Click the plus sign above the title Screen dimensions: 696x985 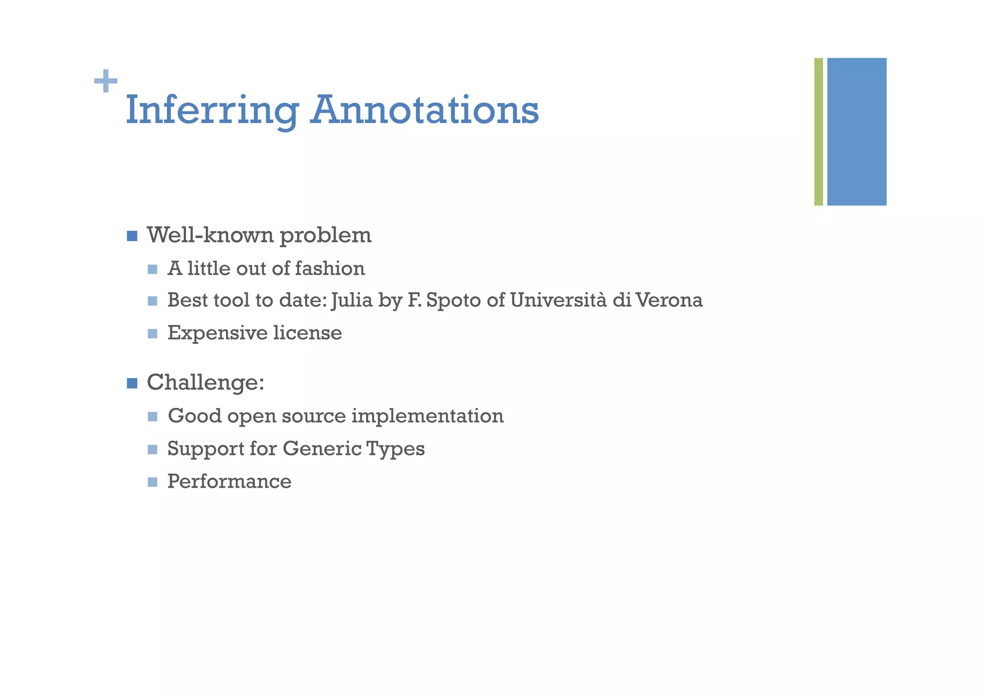click(x=106, y=81)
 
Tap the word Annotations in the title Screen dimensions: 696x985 click(x=424, y=110)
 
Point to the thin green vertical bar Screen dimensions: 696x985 click(x=818, y=131)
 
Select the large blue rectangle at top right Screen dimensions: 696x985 click(x=857, y=131)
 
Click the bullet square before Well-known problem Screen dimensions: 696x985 click(x=132, y=236)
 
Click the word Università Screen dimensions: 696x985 click(x=558, y=300)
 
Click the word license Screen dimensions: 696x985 click(x=308, y=333)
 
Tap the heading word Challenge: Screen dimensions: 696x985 click(x=205, y=383)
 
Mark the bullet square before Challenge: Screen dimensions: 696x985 click(x=132, y=383)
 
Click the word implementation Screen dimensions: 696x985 click(x=428, y=416)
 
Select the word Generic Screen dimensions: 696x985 click(x=322, y=449)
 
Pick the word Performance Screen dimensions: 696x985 click(x=229, y=481)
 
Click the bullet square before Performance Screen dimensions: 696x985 click(x=152, y=482)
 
